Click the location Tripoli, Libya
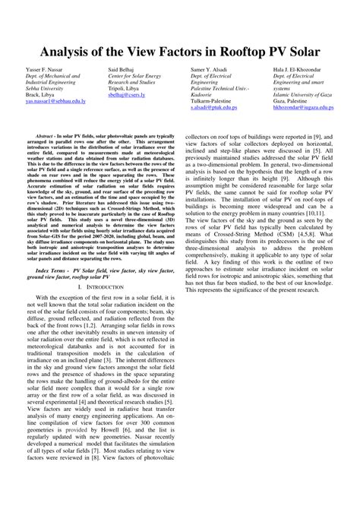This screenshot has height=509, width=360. [126, 88]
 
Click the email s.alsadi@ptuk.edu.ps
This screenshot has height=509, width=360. [219, 108]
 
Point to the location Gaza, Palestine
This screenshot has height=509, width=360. [292, 101]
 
